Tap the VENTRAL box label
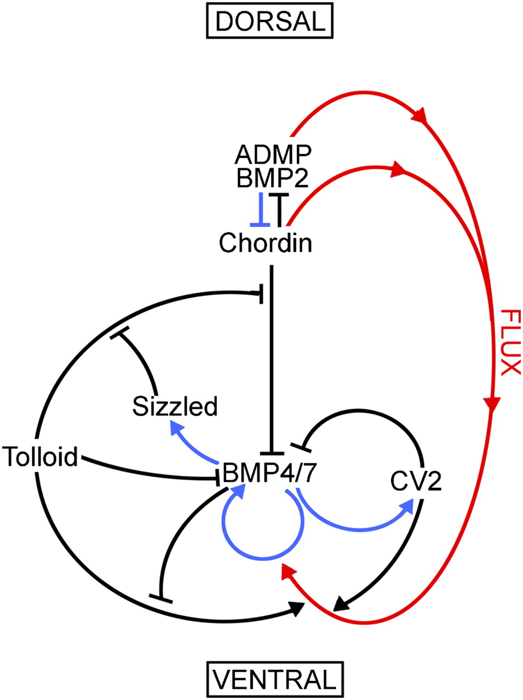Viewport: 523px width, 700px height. point(274,679)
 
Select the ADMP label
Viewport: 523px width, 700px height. point(273,155)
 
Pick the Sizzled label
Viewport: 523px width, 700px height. point(175,406)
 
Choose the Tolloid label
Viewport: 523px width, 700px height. point(41,456)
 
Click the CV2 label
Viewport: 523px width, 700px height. point(416,481)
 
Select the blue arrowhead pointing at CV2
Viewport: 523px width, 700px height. point(407,508)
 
